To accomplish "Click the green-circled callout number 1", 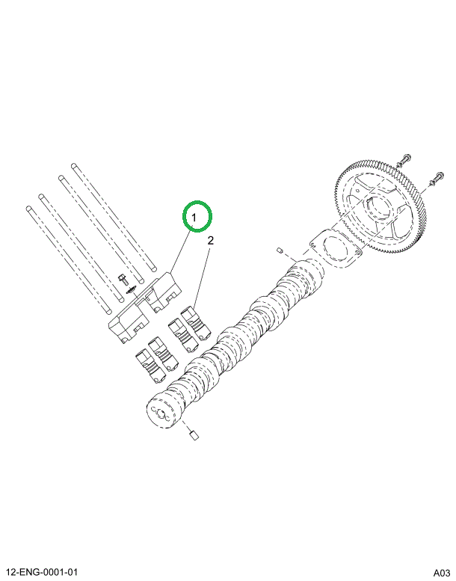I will click(x=199, y=217).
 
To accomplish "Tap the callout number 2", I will click(x=211, y=241).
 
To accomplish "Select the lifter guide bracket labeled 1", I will click(x=145, y=307).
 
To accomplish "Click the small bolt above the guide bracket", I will click(x=121, y=278).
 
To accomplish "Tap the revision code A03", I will click(x=441, y=572).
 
